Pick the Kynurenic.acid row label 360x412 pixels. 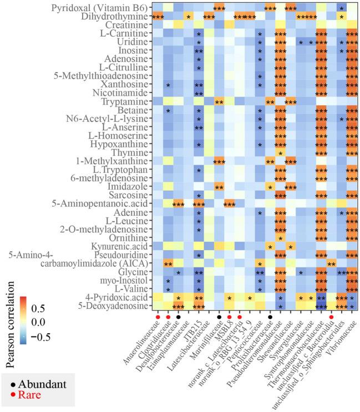click(116, 246)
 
